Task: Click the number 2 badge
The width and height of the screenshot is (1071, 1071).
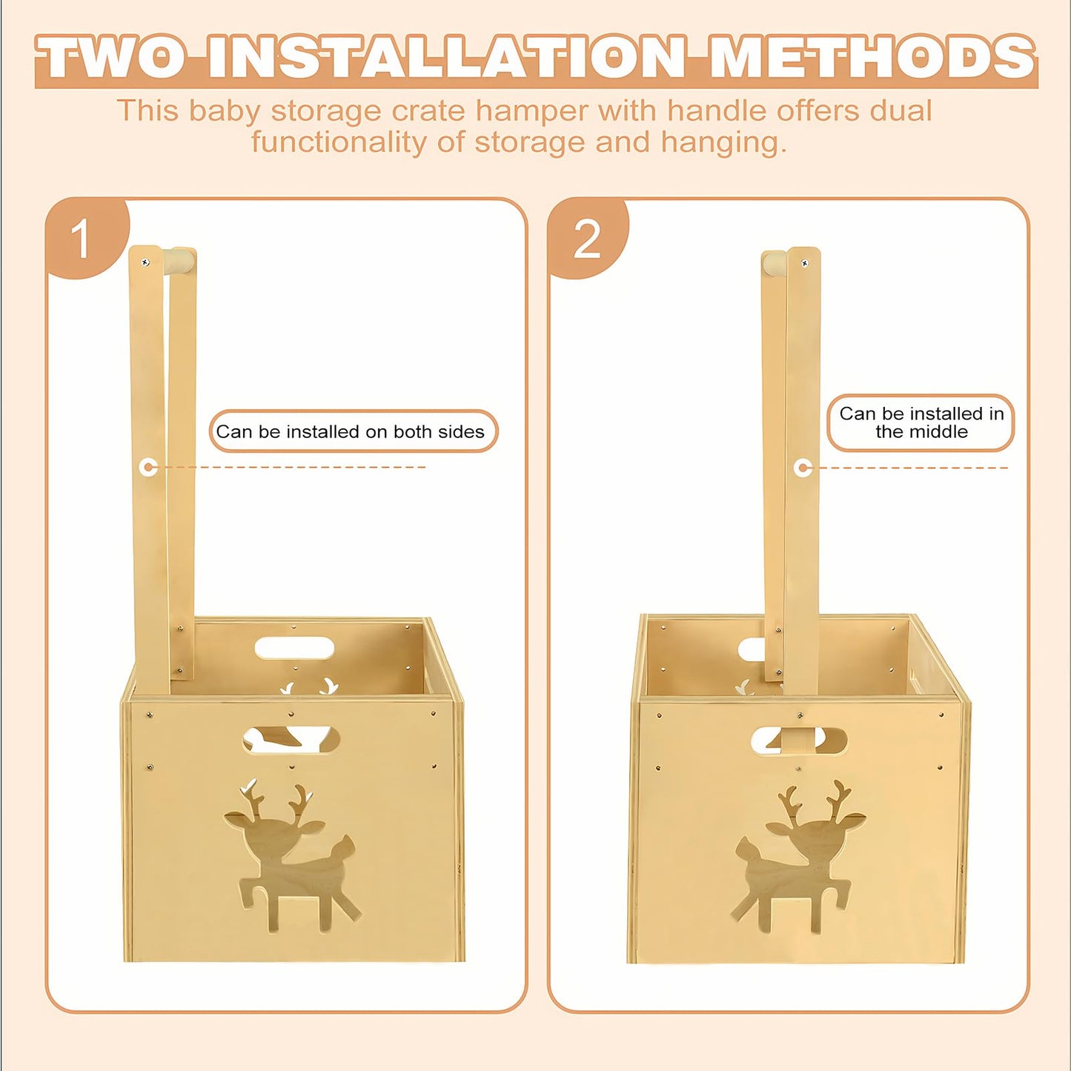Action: pyautogui.click(x=587, y=237)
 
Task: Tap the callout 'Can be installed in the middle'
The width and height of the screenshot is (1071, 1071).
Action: pyautogui.click(x=921, y=422)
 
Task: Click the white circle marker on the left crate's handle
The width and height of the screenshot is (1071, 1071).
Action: pyautogui.click(x=148, y=467)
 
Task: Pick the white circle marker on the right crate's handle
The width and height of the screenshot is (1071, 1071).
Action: pyautogui.click(x=801, y=468)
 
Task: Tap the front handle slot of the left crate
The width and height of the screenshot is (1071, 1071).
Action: pyautogui.click(x=291, y=740)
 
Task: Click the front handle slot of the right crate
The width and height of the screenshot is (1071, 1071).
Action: pyautogui.click(x=799, y=740)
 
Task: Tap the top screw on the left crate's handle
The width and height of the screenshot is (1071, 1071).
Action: pyautogui.click(x=145, y=261)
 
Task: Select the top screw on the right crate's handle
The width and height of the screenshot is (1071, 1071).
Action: pyautogui.click(x=803, y=263)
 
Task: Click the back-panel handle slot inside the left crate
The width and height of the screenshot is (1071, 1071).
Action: pyautogui.click(x=294, y=648)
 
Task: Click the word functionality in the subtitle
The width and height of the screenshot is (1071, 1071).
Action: pyautogui.click(x=339, y=142)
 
